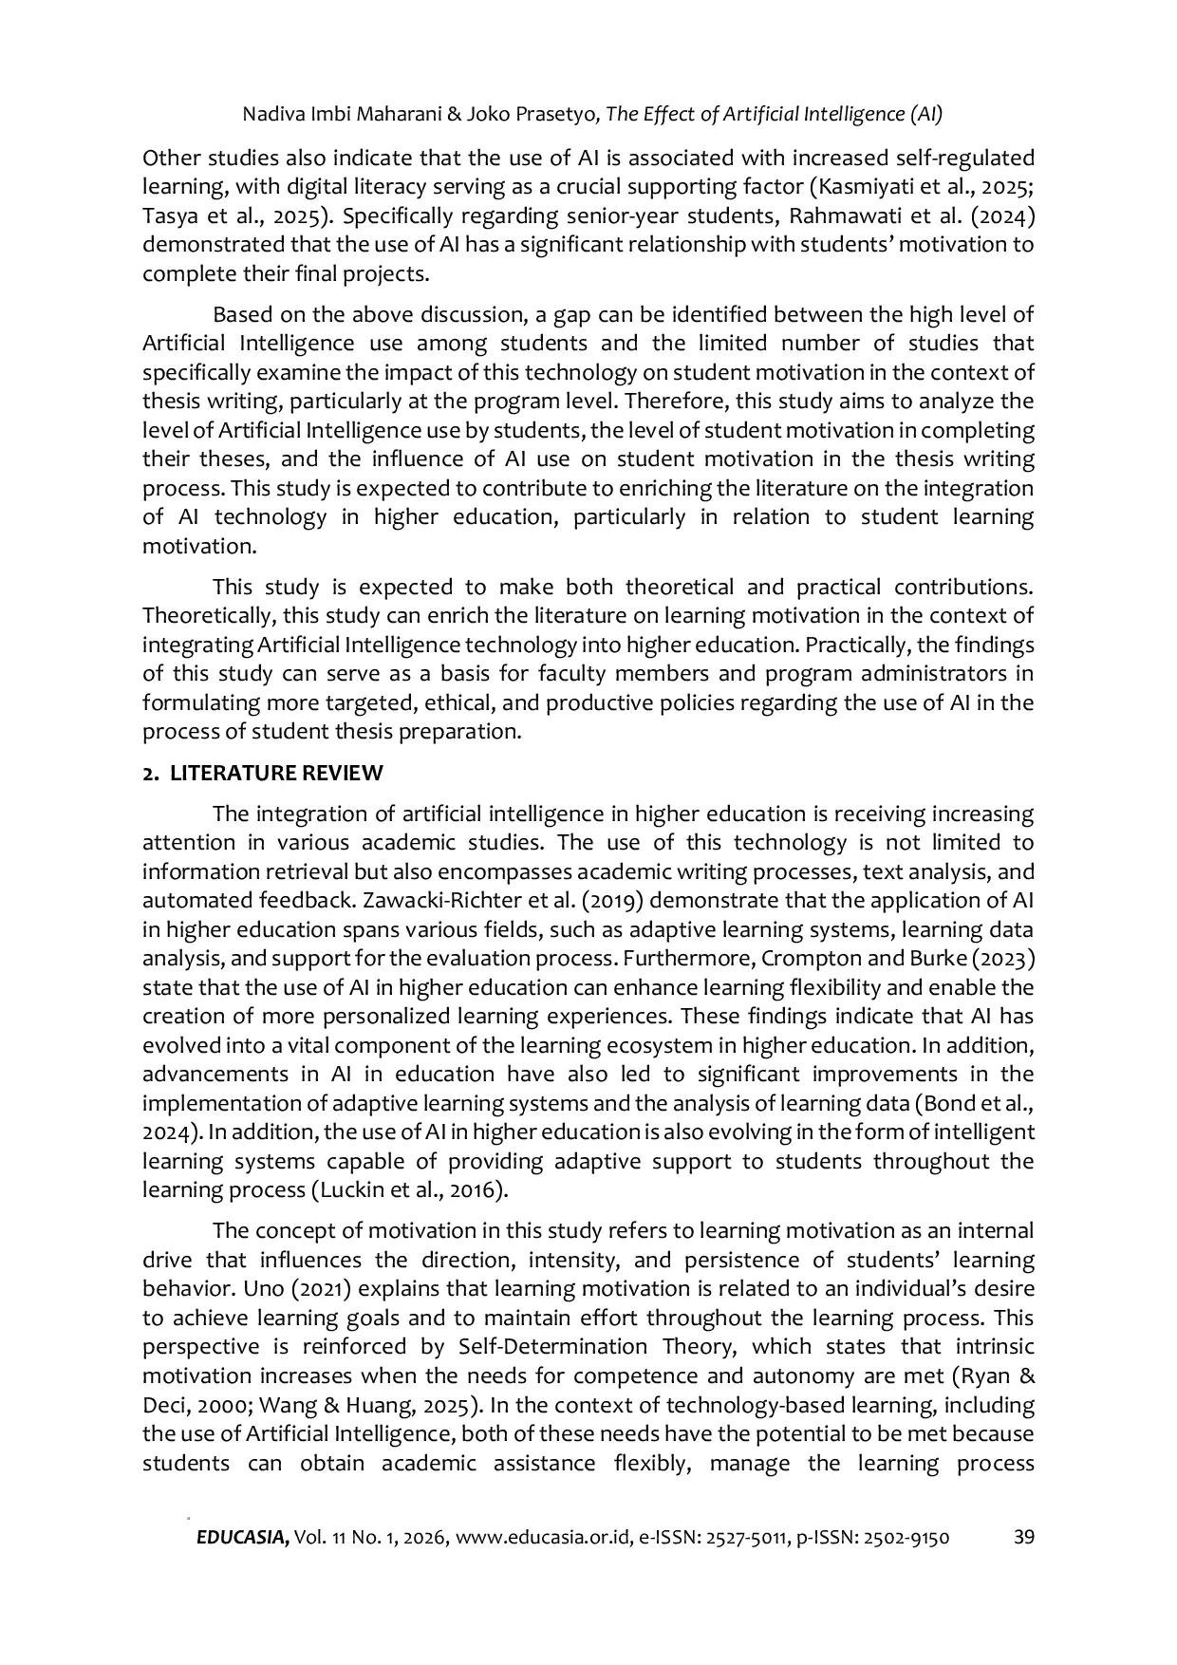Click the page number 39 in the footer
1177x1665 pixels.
point(1023,1538)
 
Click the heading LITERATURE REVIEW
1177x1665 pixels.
point(276,774)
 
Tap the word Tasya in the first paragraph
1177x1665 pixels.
point(167,215)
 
